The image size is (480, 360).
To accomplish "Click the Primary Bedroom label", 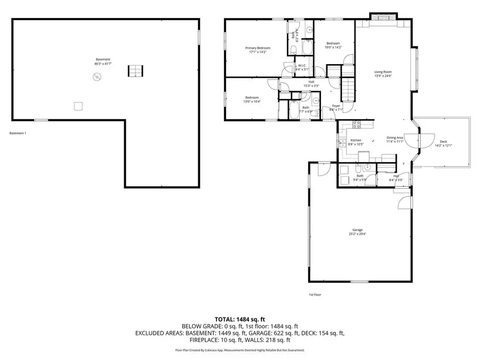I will pyautogui.click(x=253, y=48).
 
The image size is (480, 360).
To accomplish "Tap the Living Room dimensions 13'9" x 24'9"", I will pyautogui.click(x=383, y=76).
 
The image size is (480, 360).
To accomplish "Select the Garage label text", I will pyautogui.click(x=357, y=230).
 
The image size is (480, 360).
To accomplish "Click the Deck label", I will pyautogui.click(x=443, y=141).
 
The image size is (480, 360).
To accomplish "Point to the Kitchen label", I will pyautogui.click(x=356, y=140).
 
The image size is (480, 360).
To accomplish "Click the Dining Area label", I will pyautogui.click(x=395, y=138).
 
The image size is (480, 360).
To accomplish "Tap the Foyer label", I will pyautogui.click(x=336, y=106).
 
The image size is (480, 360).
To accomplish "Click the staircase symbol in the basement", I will pyautogui.click(x=135, y=71).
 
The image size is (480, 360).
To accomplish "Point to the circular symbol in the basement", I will pyautogui.click(x=97, y=77).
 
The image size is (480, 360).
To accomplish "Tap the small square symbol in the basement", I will pyautogui.click(x=78, y=106).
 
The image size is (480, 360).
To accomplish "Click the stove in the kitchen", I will pyautogui.click(x=356, y=125).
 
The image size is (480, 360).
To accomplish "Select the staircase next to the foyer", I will pyautogui.click(x=347, y=90).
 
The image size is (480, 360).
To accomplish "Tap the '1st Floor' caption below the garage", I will pyautogui.click(x=315, y=294).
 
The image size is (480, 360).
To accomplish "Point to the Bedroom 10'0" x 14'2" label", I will pyautogui.click(x=333, y=45).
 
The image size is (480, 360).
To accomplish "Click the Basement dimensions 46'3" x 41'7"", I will pyautogui.click(x=103, y=63).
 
